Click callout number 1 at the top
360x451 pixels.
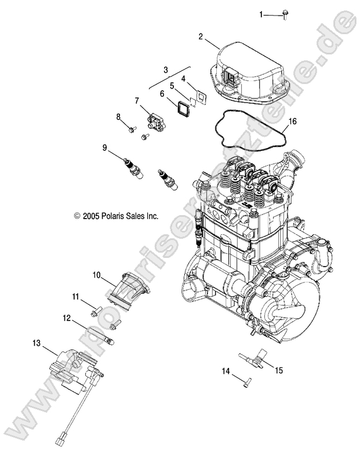coord(261,14)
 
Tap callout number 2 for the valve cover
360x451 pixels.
coord(201,37)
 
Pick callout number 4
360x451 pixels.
coord(183,78)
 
